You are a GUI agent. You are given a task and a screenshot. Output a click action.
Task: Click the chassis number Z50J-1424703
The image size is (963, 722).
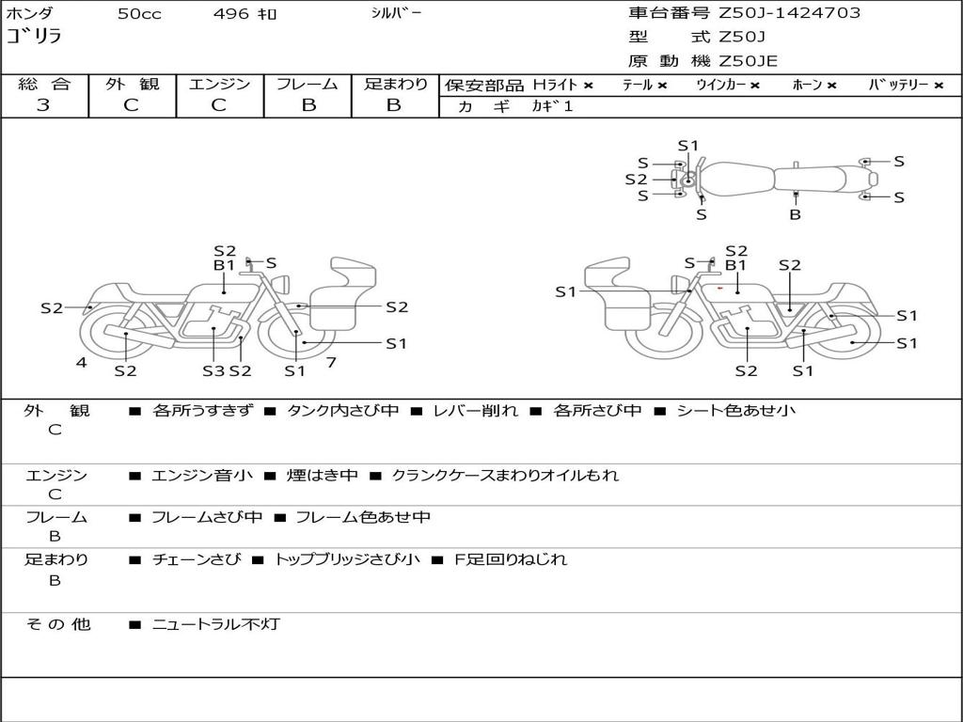789,13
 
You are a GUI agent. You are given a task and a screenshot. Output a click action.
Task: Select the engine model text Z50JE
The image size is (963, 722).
748,61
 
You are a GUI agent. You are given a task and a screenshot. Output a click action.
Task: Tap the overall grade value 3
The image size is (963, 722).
42,105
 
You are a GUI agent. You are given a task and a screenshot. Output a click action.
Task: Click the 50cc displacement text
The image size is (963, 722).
139,13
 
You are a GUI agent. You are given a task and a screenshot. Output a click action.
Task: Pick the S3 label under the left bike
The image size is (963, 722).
213,370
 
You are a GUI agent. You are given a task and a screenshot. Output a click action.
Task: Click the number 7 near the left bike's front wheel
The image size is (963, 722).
331,362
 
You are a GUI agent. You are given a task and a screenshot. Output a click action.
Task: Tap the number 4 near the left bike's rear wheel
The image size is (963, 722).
81,362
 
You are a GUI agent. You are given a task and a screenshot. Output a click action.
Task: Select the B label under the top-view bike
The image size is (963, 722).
795,215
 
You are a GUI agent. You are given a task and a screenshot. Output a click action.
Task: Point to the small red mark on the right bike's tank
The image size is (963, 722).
719,288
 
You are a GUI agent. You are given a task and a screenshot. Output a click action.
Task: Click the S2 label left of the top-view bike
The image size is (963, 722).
636,180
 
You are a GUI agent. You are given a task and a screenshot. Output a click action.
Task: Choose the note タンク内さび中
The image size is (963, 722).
342,411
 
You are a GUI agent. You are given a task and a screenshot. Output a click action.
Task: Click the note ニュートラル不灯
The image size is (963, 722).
215,624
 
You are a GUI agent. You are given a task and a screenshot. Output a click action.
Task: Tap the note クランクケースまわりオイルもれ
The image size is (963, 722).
504,475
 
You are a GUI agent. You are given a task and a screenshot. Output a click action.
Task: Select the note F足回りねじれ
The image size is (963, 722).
510,559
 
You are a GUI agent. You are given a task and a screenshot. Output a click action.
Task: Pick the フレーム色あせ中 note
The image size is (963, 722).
362,518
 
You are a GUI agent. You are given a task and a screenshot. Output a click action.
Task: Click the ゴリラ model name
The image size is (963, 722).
35,37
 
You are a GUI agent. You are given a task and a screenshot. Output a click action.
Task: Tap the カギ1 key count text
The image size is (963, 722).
552,106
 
